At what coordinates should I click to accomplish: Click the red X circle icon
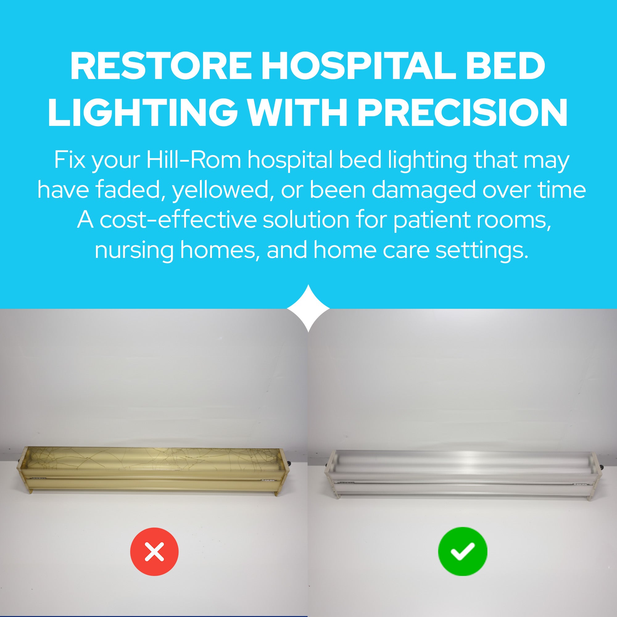click(x=154, y=552)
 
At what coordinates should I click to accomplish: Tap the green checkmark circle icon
click(x=462, y=552)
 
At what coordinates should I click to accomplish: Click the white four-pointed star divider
click(x=308, y=308)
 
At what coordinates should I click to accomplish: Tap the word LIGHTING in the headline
click(x=142, y=113)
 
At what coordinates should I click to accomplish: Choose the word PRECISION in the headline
click(x=462, y=113)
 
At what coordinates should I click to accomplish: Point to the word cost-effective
click(x=179, y=220)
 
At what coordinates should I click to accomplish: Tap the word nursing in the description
click(x=134, y=250)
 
